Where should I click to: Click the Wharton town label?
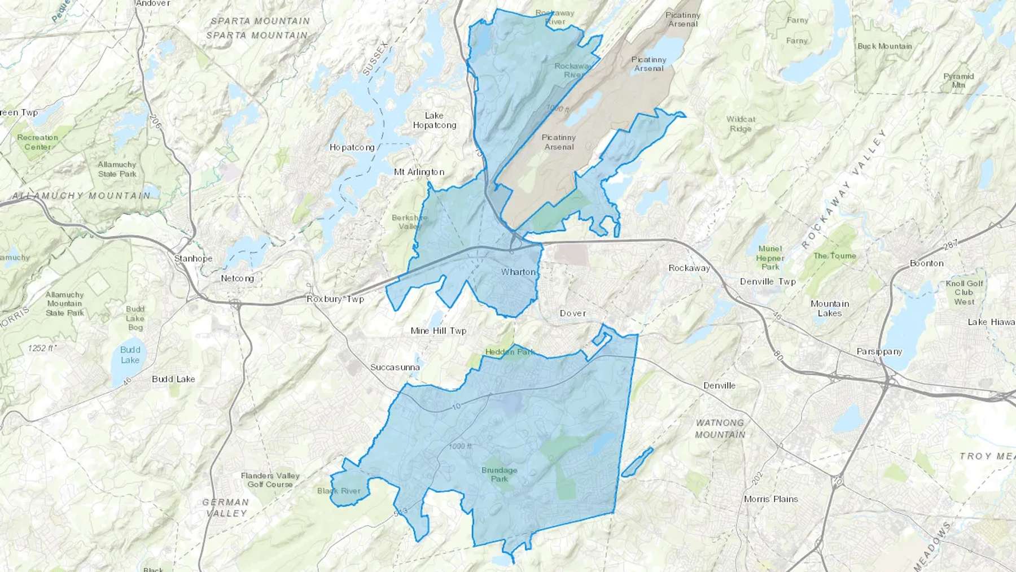pos(518,272)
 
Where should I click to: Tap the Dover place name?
pos(573,313)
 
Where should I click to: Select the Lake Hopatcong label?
pos(434,120)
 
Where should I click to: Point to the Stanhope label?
pos(193,259)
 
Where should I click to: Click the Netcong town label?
pos(237,278)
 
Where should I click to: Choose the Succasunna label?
pos(395,368)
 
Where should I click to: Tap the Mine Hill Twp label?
pos(439,331)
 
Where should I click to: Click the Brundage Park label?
pos(499,474)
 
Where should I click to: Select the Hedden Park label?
pos(510,352)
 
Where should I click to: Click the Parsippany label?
pos(879,351)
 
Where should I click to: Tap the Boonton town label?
pos(926,263)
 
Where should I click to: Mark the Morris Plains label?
pos(770,499)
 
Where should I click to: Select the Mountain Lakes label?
pos(829,308)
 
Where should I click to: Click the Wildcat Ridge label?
pos(741,124)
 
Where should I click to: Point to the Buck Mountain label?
pos(884,46)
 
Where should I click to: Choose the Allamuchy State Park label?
pos(117,169)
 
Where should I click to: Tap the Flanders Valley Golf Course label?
pos(270,480)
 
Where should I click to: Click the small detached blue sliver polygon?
pos(637,462)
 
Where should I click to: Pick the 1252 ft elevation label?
pos(42,348)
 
